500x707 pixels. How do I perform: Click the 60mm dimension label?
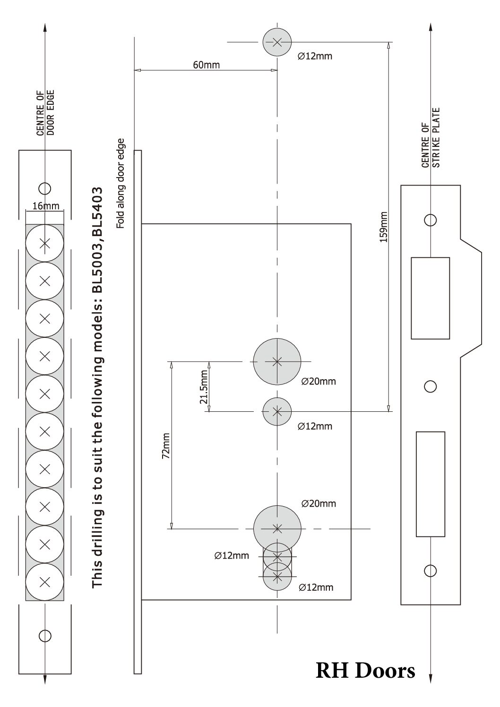coord(206,65)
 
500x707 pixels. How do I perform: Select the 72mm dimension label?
coord(166,446)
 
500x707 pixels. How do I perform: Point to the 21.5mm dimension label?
coord(204,386)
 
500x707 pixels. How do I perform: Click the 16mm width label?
coord(46,206)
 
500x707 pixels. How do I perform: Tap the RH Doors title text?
coord(365,670)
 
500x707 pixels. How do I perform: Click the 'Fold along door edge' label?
coord(121,183)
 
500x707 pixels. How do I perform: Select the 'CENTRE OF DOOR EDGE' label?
coord(46,113)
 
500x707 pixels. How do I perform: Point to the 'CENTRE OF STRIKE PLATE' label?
coord(431,138)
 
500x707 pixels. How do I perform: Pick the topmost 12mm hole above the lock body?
coord(277,42)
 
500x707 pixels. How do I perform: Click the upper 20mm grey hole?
coord(277,362)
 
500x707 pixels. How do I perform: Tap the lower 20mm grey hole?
coord(277,528)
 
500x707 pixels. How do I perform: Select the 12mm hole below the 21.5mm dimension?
coord(277,411)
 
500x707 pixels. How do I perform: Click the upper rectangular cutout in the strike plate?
coord(430,298)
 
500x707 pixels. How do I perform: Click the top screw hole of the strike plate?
coord(430,220)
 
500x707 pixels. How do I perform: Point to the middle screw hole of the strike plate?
coord(430,387)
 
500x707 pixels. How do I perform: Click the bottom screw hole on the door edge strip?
coord(45,636)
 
